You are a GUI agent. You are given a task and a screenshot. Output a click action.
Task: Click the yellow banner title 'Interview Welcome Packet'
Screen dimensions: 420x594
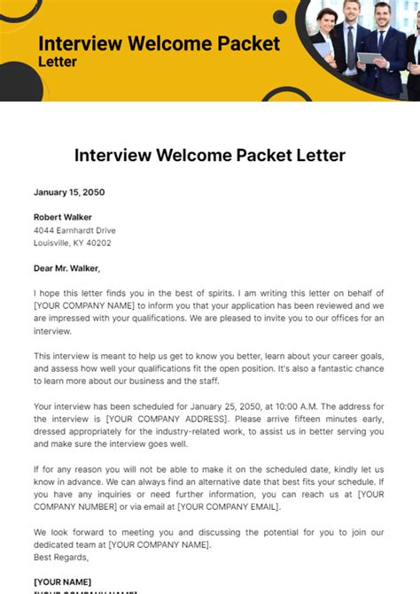point(159,43)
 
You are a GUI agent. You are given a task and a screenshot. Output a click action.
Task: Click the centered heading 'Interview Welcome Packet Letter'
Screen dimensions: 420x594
point(210,155)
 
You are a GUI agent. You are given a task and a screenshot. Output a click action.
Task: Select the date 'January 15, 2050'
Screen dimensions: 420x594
point(70,191)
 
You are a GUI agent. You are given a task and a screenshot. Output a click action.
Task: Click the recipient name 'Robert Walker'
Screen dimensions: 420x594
point(62,217)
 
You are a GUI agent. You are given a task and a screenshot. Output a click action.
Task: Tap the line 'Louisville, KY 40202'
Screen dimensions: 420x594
point(73,243)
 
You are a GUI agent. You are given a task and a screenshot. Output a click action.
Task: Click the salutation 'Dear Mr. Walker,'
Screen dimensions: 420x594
point(66,268)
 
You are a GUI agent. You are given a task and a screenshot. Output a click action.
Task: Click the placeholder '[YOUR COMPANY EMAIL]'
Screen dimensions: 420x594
point(228,506)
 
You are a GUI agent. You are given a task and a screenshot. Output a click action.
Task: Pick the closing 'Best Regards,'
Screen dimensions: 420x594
point(62,558)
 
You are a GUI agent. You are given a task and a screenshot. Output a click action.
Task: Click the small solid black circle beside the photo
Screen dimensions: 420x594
point(280,17)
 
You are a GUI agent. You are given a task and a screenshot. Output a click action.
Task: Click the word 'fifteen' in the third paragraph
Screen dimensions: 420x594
point(295,419)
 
